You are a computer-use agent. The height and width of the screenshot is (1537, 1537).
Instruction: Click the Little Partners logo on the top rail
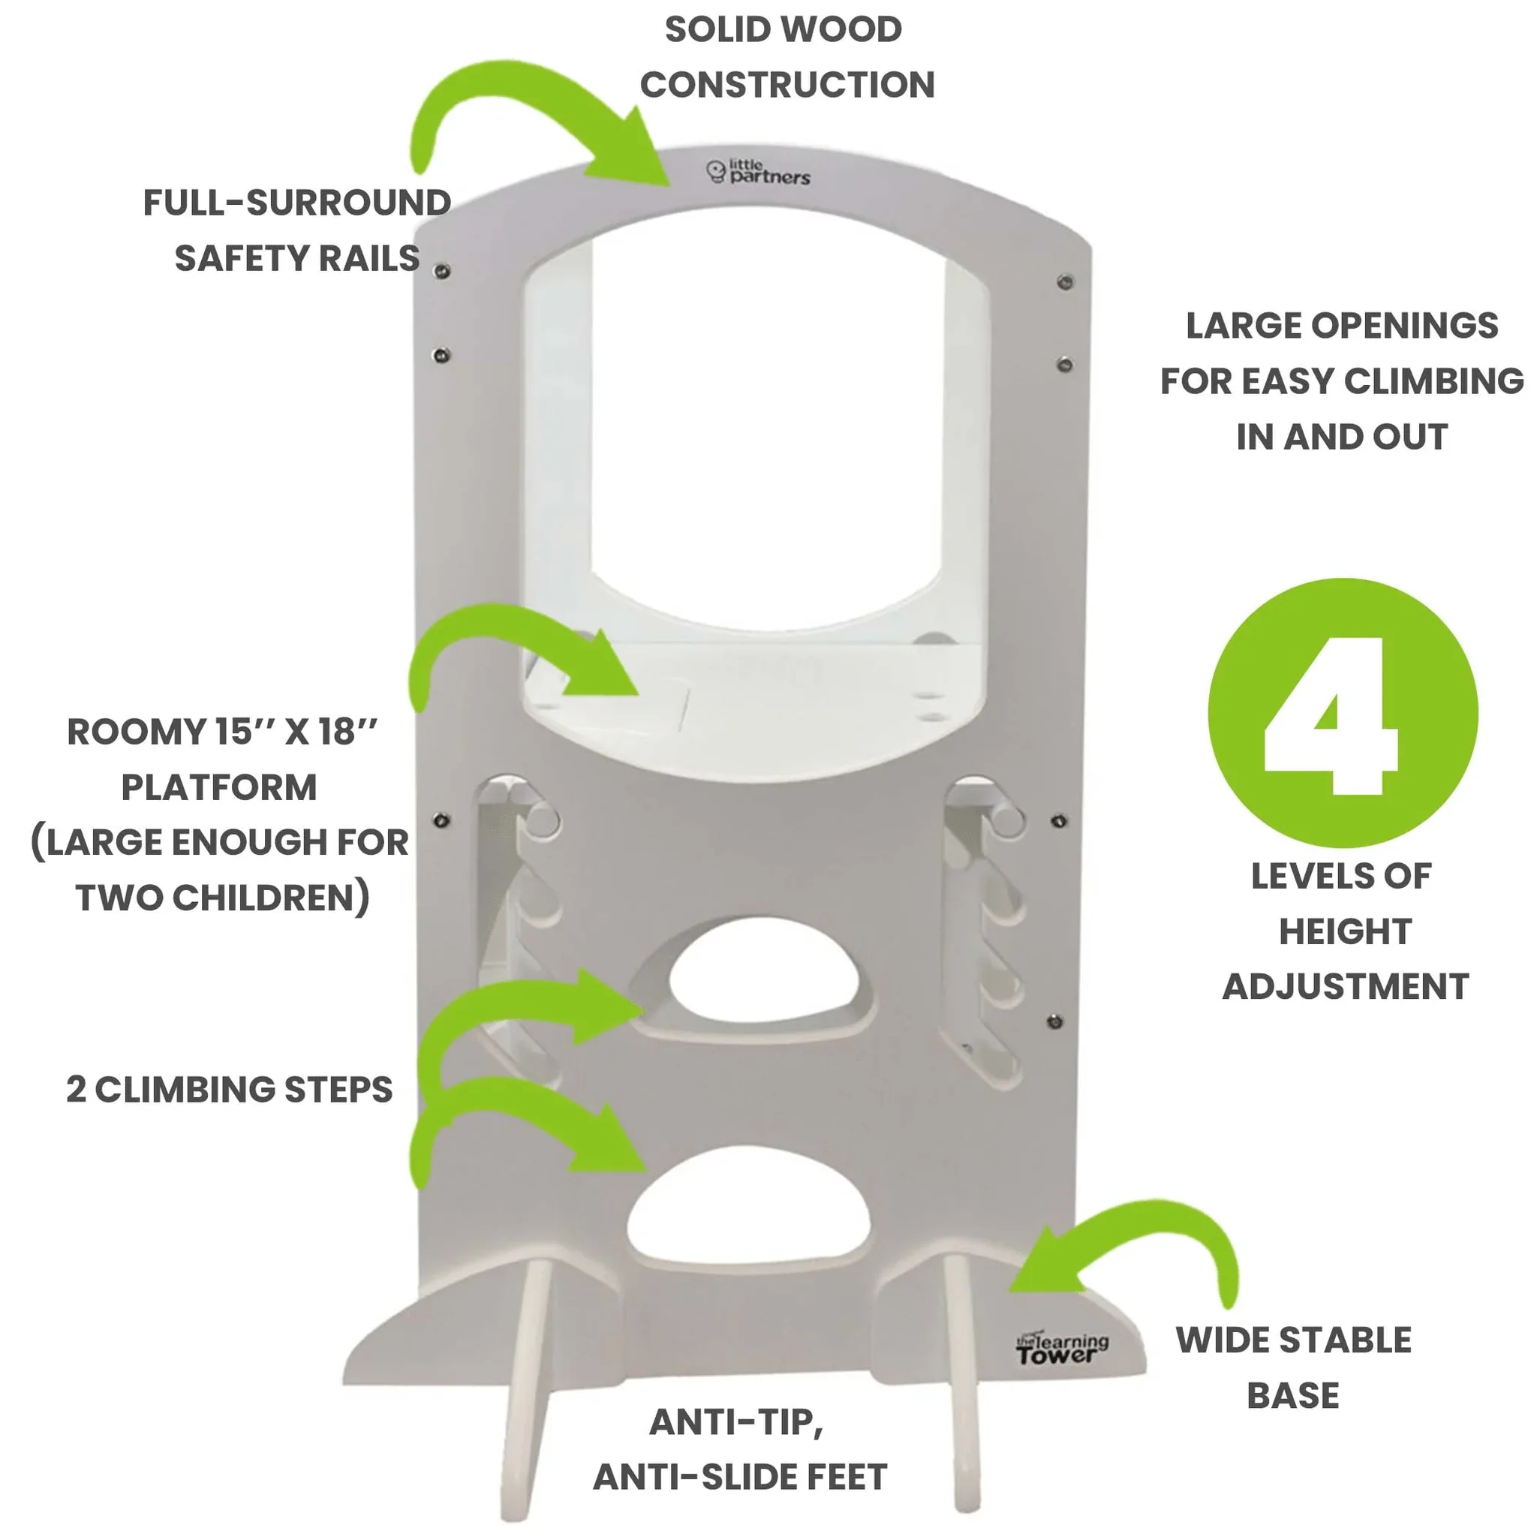pos(758,173)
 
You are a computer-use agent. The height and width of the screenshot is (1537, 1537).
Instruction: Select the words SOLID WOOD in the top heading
pos(783,30)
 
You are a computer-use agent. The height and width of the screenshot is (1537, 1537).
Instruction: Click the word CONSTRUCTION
pos(787,85)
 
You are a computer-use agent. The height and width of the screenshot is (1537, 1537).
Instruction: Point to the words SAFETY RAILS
pos(296,259)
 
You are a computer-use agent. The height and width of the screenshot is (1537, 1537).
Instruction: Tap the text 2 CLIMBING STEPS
pos(229,1090)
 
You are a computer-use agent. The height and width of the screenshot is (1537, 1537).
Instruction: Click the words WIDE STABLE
pos(1294,1340)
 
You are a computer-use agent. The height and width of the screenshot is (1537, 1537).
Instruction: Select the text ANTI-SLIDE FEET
pos(740,1477)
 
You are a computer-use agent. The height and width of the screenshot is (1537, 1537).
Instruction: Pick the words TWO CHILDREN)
pos(223,898)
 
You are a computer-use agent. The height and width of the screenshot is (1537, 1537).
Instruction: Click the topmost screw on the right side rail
pos(1064,281)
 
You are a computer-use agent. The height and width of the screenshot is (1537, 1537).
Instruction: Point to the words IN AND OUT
pos(1341,437)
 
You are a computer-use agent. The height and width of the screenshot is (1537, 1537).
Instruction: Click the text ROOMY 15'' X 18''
pos(222,732)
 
